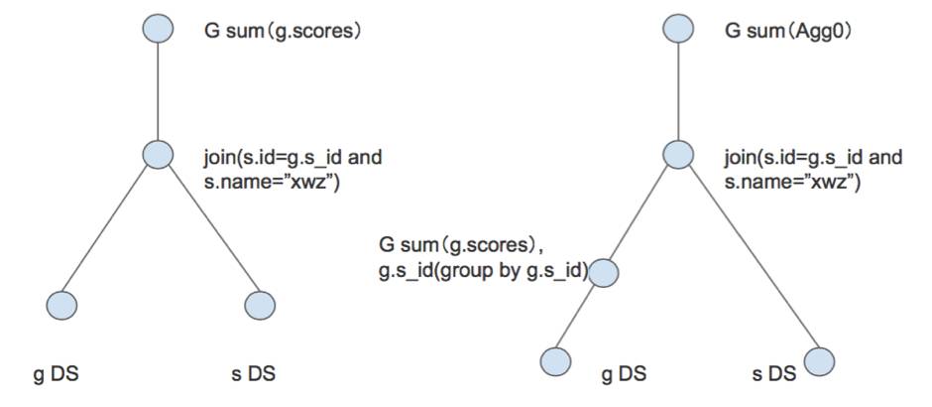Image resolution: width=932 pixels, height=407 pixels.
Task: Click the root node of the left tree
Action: click(158, 29)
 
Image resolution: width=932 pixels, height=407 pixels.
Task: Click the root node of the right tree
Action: click(678, 29)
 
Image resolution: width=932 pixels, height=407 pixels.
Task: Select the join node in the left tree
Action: click(158, 155)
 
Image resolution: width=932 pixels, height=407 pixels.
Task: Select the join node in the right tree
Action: click(678, 155)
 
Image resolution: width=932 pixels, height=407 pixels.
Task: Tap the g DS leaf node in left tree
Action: click(61, 303)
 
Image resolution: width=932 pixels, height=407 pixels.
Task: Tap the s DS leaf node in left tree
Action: click(260, 303)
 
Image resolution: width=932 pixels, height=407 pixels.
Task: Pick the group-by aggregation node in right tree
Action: click(605, 272)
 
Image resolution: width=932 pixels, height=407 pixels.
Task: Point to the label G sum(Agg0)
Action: click(789, 31)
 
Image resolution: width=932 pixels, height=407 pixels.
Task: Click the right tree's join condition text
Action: click(813, 169)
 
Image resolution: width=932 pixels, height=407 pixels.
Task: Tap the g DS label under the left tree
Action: click(57, 374)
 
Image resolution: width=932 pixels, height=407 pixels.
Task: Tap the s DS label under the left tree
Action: click(252, 374)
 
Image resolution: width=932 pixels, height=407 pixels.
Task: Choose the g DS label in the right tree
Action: click(625, 374)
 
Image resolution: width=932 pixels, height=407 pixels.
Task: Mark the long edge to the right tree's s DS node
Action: click(751, 259)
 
